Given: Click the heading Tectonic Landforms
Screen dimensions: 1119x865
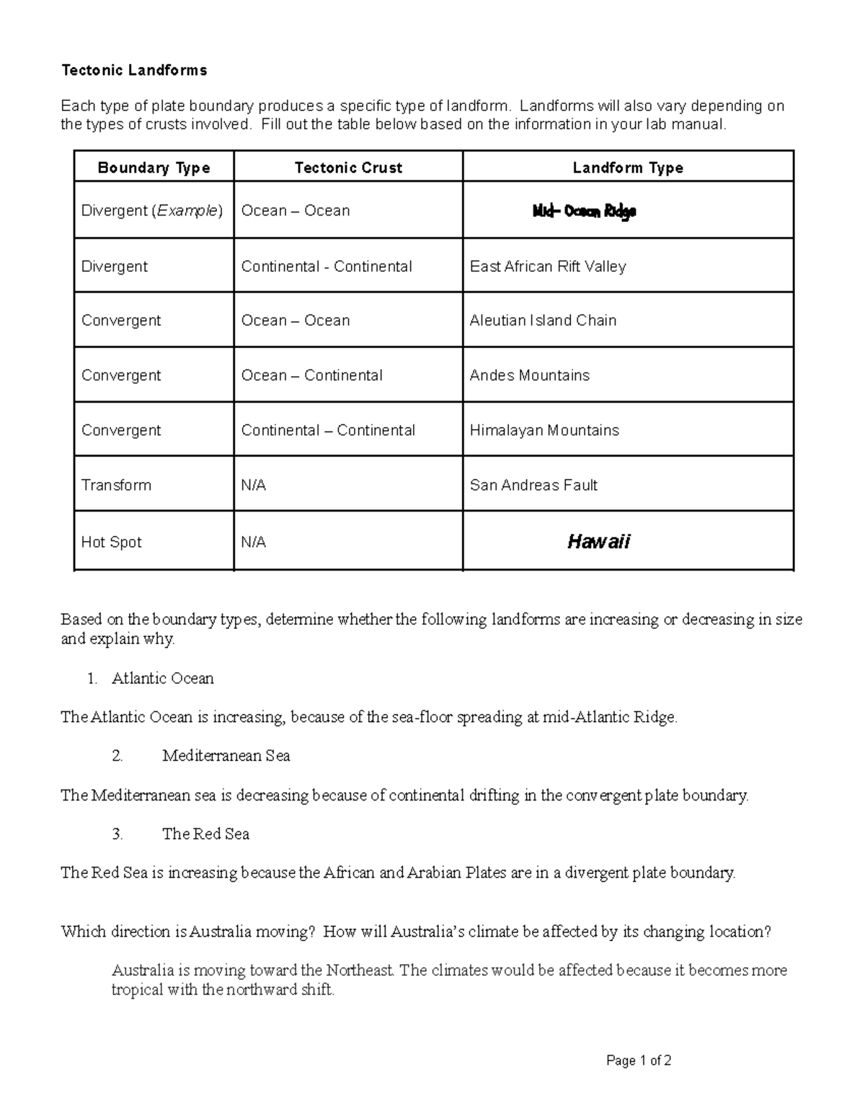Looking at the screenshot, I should point(134,70).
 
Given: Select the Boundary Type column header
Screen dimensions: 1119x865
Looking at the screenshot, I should point(154,168).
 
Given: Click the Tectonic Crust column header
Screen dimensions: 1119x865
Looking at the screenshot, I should point(348,168).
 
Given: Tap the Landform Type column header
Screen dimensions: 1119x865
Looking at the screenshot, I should point(627,168).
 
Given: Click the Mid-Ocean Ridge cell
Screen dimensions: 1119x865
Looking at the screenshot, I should point(584,211).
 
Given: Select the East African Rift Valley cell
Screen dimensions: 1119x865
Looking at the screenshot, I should point(548,267).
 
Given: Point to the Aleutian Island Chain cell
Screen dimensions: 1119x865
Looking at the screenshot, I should point(543,321).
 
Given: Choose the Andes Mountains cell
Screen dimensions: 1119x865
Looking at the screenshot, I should point(529,375).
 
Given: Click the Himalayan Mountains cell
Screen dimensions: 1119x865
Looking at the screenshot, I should point(544,430).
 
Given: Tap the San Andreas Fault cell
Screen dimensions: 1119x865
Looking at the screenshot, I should point(533,485).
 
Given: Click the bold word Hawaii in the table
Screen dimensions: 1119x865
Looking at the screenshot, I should point(598,542).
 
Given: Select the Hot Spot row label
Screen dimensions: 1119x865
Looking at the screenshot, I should point(112,542).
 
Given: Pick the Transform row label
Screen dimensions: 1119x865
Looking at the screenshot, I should point(116,485).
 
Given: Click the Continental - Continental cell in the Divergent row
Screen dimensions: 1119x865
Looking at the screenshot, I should point(327,267).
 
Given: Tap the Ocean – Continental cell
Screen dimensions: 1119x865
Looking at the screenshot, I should point(311,375).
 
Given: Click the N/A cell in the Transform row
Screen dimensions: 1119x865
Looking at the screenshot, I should point(254,485).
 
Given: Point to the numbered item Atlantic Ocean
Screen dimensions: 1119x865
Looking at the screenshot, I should point(163,678).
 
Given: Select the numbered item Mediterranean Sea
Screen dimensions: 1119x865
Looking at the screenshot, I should point(226,756).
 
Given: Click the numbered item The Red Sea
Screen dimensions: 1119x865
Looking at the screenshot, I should point(205,834).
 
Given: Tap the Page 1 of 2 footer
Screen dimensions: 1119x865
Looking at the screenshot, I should point(639,1061).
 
